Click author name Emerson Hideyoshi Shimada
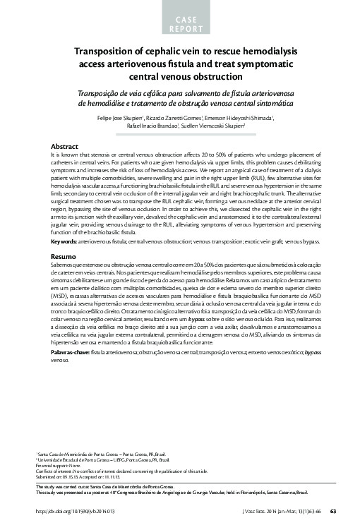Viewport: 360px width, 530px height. [x=241, y=117]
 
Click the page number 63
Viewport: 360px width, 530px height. [x=333, y=510]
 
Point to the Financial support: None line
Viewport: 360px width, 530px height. [x=56, y=466]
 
